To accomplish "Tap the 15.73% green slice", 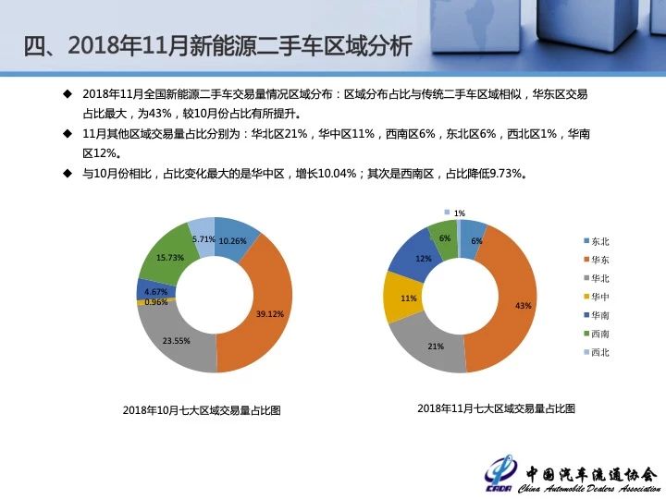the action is (x=169, y=257).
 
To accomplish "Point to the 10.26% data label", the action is (x=232, y=241).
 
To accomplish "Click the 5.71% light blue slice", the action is (x=203, y=237).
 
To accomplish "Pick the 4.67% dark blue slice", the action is (x=155, y=289).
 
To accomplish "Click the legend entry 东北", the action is (x=597, y=241).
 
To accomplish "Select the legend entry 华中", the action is (x=597, y=297).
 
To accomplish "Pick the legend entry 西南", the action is (x=597, y=334).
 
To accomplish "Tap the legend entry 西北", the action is (x=597, y=353).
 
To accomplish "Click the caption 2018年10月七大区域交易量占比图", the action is (x=202, y=410).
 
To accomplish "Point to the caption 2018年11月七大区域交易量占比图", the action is (x=496, y=408).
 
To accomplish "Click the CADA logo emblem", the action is (x=499, y=474).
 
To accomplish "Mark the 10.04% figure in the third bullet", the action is (x=337, y=174).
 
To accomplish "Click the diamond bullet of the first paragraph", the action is (x=68, y=93).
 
